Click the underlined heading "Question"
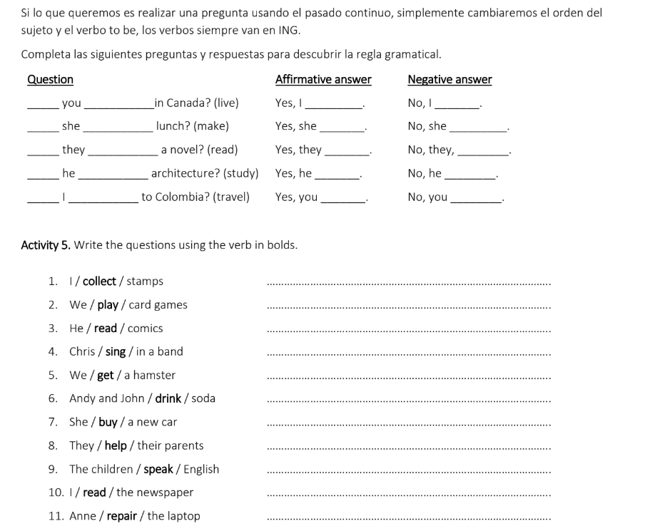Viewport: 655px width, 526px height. point(50,80)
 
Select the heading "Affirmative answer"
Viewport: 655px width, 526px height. point(323,80)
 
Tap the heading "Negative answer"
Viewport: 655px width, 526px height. point(450,80)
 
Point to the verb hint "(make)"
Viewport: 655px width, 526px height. point(211,126)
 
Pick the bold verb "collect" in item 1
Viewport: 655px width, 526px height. point(99,282)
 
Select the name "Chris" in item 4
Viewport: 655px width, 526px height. point(83,351)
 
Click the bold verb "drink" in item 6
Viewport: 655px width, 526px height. point(168,398)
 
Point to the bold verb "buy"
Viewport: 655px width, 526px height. point(108,422)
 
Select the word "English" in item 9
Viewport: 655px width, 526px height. point(201,469)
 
